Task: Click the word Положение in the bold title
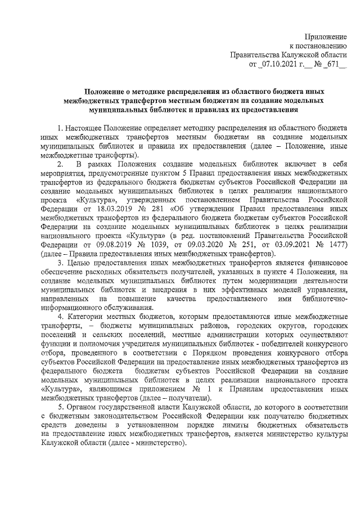click(105, 92)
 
